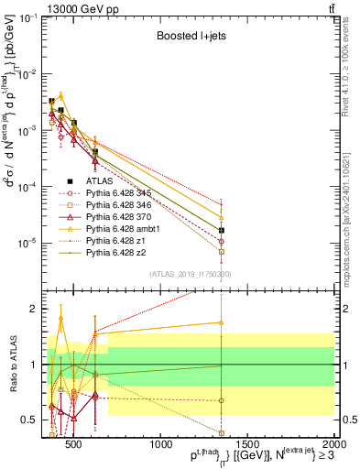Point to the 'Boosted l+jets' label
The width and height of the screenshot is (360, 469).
[184, 38]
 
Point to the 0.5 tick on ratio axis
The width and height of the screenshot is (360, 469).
[33, 420]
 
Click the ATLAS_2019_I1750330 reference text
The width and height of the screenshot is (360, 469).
[191, 274]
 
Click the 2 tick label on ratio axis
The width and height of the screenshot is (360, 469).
[35, 309]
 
